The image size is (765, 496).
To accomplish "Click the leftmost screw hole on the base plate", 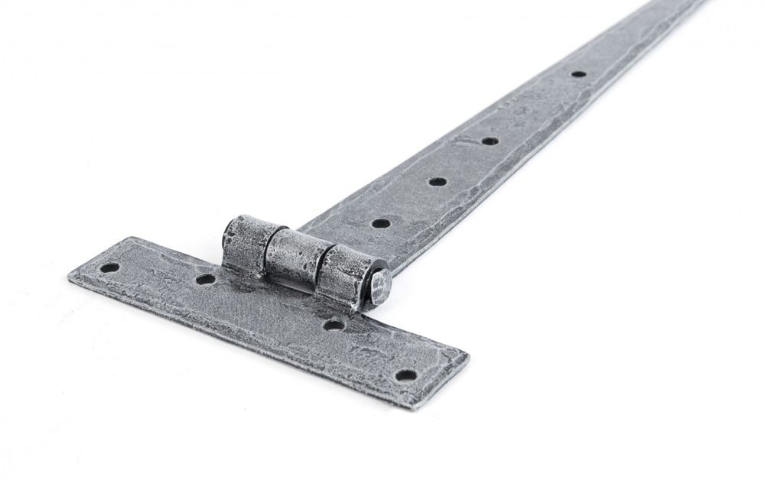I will tap(110, 268).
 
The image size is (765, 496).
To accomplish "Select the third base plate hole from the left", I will tap(333, 325).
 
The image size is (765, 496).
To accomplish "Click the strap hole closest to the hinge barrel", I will tap(380, 223).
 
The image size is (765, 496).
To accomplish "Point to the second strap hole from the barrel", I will tap(437, 181).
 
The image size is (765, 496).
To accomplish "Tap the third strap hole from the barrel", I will tap(487, 141).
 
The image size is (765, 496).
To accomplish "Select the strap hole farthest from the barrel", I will tap(578, 74).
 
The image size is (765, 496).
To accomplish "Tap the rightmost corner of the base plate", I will tap(468, 353).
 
